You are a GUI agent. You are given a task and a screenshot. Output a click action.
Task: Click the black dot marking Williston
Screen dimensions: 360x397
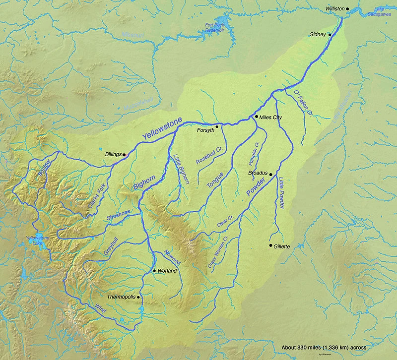(348, 9)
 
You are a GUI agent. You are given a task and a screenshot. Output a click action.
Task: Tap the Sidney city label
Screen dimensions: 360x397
(317, 34)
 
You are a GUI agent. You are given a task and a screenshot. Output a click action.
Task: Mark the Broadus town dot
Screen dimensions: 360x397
(270, 175)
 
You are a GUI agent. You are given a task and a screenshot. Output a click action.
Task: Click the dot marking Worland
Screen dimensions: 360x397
(155, 271)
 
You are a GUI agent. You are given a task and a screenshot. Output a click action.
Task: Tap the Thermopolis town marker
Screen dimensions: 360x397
(138, 297)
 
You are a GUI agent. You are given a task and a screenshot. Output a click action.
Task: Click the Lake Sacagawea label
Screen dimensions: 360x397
(385, 12)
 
